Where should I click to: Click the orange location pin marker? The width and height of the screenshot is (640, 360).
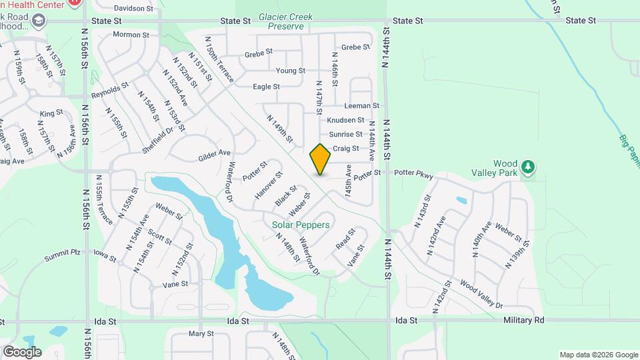[x=321, y=159]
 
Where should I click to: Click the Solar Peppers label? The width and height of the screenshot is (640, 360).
[x=301, y=225]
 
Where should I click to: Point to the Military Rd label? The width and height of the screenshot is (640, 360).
[x=525, y=320]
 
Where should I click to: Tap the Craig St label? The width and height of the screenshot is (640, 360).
[x=346, y=149]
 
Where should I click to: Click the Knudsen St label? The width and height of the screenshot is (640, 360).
[x=346, y=120]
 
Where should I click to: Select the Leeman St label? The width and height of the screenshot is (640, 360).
[x=362, y=105]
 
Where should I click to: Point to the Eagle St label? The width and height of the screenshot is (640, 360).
[x=266, y=87]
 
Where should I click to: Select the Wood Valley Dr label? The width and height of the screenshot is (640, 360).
[x=481, y=294]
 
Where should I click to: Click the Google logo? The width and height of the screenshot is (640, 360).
[x=22, y=352]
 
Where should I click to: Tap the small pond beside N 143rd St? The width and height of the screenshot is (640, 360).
[x=461, y=200]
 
